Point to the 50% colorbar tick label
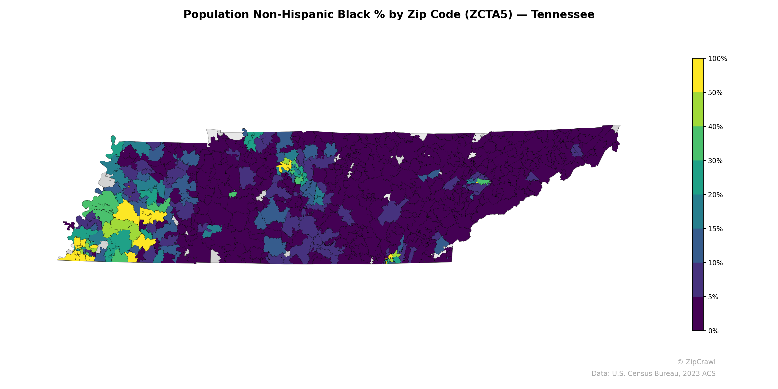coord(715,93)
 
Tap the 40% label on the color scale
coord(715,127)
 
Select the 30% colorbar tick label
coord(715,161)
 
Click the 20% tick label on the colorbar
coord(715,195)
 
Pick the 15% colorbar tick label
coord(715,229)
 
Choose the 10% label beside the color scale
coord(715,263)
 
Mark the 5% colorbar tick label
coord(713,297)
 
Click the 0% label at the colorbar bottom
coord(713,331)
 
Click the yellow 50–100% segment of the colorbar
coord(698,76)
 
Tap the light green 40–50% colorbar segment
coord(698,110)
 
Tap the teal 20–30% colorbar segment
coord(698,177)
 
